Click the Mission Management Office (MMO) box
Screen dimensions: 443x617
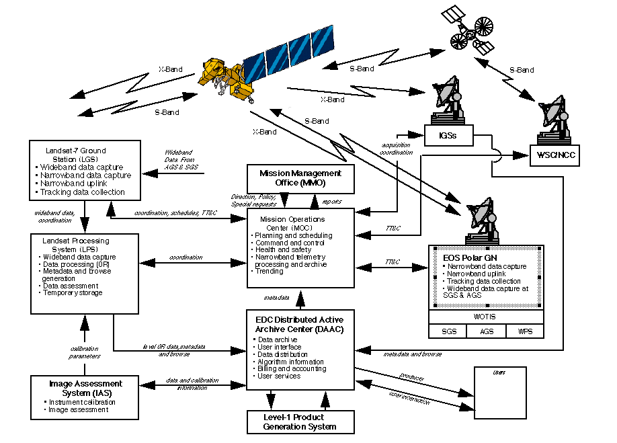pyautogui.click(x=300, y=177)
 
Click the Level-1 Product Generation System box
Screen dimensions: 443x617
pyautogui.click(x=300, y=421)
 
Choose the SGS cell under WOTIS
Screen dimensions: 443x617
pyautogui.click(x=449, y=331)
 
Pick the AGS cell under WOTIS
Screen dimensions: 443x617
pyautogui.click(x=487, y=331)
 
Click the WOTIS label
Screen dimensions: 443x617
pyautogui.click(x=487, y=316)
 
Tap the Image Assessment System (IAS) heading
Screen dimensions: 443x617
pyautogui.click(x=85, y=388)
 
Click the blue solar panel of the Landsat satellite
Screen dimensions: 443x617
pyautogui.click(x=287, y=51)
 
